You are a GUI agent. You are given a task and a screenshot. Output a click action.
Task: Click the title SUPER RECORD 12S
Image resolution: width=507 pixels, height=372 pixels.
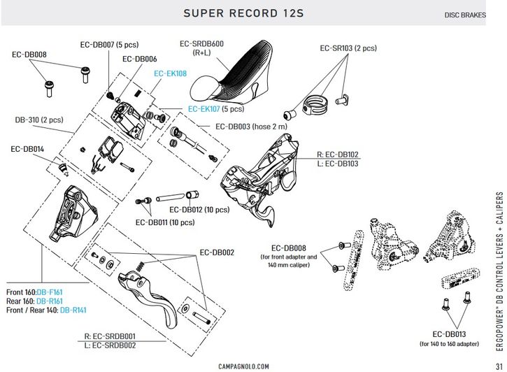click(243, 13)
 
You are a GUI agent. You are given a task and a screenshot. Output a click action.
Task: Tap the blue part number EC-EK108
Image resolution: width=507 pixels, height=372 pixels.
click(171, 73)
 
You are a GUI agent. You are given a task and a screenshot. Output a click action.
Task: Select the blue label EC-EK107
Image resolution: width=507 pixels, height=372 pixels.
click(203, 109)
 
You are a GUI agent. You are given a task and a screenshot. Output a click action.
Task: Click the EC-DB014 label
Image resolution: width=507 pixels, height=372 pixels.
click(27, 149)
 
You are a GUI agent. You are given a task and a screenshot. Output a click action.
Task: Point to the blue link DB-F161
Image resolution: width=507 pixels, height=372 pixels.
click(50, 292)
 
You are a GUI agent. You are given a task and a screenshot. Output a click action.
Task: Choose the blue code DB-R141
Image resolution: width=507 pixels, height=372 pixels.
click(73, 310)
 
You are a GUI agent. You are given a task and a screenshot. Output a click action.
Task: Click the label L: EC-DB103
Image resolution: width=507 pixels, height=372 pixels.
click(338, 164)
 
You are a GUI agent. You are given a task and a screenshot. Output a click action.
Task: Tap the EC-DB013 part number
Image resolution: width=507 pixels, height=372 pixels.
click(449, 334)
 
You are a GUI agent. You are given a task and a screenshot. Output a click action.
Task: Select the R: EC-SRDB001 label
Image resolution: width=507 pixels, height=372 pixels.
click(110, 336)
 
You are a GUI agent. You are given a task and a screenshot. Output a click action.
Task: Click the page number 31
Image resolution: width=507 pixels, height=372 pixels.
click(499, 366)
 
